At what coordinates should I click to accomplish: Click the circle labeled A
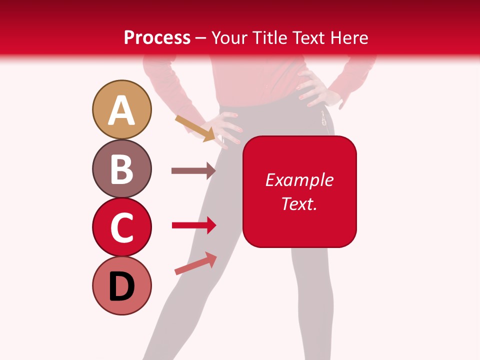point(121,109)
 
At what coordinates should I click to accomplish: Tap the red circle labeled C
point(121,227)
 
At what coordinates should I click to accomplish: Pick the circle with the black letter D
point(121,285)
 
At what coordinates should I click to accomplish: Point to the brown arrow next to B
point(193,170)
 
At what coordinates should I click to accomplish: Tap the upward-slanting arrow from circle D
point(195,263)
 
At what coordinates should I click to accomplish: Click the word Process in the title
point(157,37)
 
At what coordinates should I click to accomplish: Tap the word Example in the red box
point(299,180)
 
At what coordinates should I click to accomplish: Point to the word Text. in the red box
point(299,203)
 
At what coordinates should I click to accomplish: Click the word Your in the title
point(228,37)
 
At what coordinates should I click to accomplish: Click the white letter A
point(121,110)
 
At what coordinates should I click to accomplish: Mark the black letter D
point(121,287)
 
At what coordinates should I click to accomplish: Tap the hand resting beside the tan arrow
point(226,128)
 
